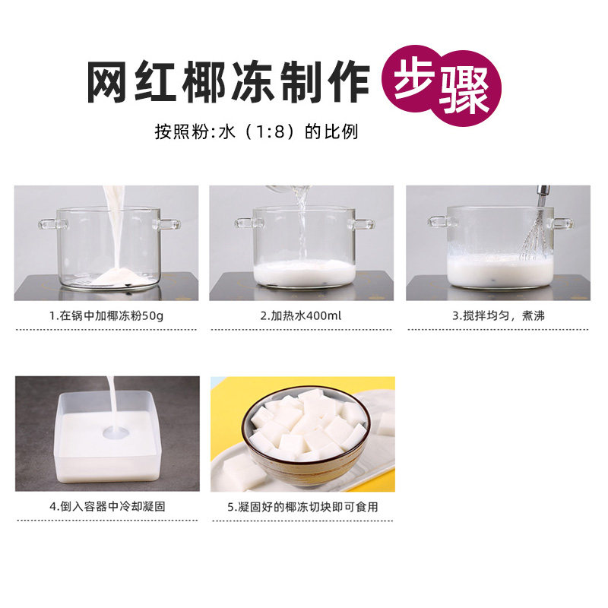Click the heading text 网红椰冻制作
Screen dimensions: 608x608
pos(228,82)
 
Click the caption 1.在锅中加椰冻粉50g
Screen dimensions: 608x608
pos(106,315)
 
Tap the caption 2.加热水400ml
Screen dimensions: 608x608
pos(301,315)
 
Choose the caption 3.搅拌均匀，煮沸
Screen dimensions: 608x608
pos(498,315)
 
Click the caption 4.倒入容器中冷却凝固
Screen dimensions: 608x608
pos(106,506)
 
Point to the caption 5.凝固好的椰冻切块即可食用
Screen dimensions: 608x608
pos(302,506)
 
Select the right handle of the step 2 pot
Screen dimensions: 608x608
pos(363,224)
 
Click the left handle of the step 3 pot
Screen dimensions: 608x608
pos(439,222)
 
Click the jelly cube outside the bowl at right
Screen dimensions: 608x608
pos(385,423)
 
